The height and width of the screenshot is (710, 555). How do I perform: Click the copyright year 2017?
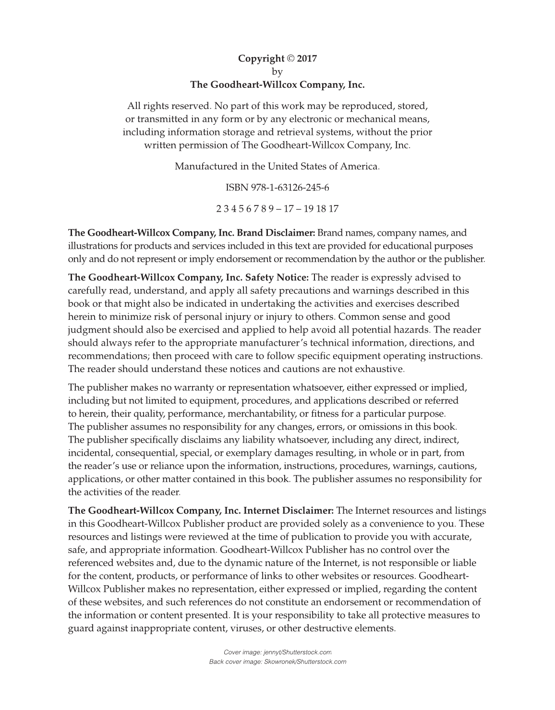307,59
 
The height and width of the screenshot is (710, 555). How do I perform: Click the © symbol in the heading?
291,59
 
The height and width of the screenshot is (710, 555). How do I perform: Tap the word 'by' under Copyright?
277,72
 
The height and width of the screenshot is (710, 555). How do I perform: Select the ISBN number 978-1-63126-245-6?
290,188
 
